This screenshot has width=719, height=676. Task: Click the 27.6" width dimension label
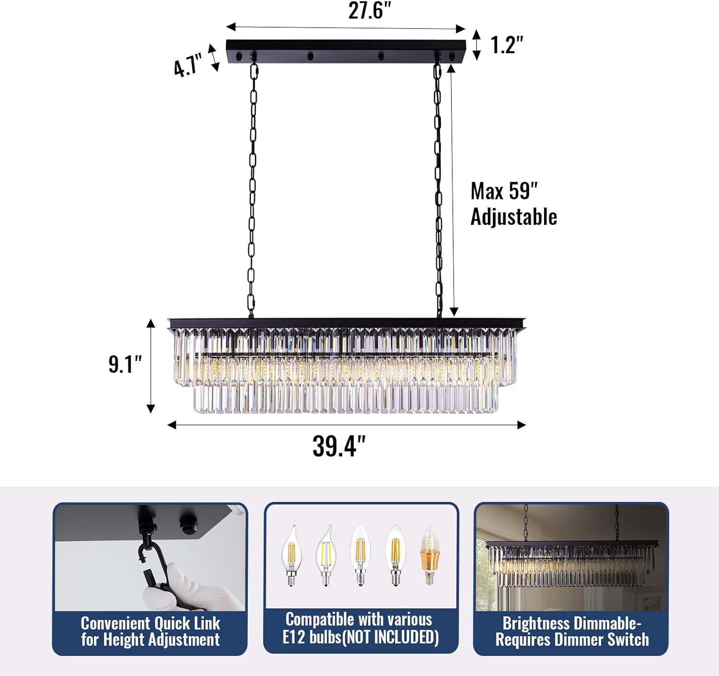pyautogui.click(x=369, y=11)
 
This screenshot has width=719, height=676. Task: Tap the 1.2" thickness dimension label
pyautogui.click(x=506, y=45)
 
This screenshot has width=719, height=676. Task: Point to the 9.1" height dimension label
pyautogui.click(x=125, y=364)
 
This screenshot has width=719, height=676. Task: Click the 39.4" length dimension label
pyautogui.click(x=339, y=446)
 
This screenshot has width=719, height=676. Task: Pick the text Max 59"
pyautogui.click(x=504, y=191)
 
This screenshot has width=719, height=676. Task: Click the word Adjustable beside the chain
pyautogui.click(x=513, y=217)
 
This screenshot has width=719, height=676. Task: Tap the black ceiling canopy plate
pyautogui.click(x=345, y=48)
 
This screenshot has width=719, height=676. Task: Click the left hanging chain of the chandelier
pyautogui.click(x=252, y=192)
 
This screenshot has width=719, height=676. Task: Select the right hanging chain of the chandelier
pyautogui.click(x=438, y=192)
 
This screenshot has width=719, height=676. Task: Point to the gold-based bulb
pyautogui.click(x=430, y=556)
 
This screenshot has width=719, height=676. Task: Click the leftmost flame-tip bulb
pyautogui.click(x=291, y=556)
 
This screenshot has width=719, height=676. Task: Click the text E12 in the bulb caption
pyautogui.click(x=294, y=637)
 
